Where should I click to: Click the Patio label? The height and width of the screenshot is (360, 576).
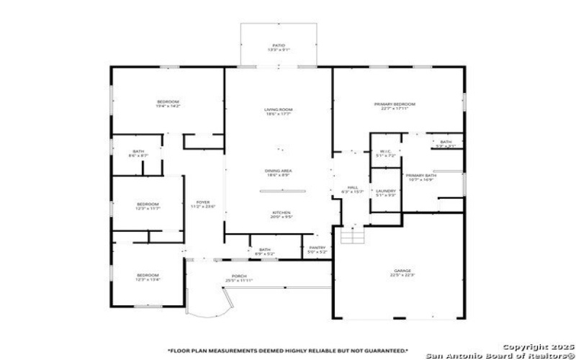[278, 46]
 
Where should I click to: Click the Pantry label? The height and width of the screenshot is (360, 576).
[318, 249]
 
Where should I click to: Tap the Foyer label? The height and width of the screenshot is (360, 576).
[203, 204]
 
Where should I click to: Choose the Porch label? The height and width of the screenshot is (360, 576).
[240, 278]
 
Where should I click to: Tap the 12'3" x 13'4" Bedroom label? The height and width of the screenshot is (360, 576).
[148, 276]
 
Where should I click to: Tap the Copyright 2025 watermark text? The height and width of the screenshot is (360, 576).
[534, 346]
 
